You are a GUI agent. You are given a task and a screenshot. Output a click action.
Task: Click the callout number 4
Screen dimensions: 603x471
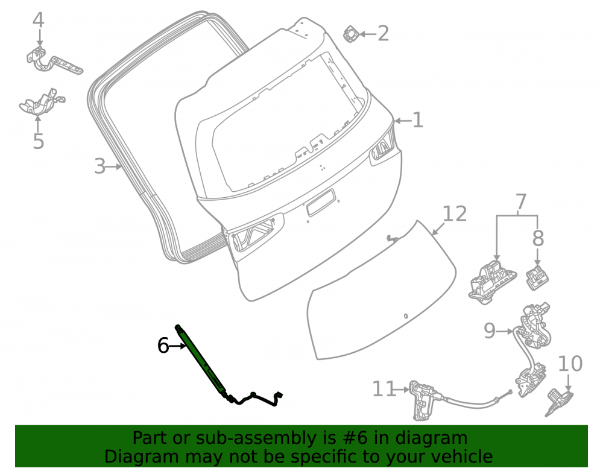pos(39,21)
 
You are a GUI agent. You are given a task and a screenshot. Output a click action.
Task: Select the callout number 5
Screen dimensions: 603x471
pos(39,141)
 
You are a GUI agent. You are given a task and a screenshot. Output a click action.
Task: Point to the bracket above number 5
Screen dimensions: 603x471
pos(42,103)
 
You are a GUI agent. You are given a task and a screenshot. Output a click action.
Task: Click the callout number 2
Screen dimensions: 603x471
pos(383,33)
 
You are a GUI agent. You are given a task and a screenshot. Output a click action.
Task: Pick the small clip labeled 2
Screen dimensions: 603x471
pos(351,34)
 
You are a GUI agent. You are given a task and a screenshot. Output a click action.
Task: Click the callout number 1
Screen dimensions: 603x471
pos(418,121)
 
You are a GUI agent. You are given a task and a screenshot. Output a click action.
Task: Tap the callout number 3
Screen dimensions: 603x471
pos(99,166)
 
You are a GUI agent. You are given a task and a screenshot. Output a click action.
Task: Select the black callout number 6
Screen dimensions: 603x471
pos(163,346)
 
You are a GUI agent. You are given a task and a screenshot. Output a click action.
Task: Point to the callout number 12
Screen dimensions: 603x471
pos(455,213)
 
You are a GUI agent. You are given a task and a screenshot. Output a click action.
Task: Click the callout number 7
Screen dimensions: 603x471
pos(520,201)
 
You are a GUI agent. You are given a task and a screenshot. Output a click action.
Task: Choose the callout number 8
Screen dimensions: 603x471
pos(538,238)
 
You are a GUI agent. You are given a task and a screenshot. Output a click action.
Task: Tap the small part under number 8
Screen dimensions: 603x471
pos(537,277)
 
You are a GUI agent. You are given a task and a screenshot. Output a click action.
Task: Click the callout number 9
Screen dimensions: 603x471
pos(490,330)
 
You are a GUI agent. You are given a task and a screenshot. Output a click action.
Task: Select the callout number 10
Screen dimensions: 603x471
pos(570,364)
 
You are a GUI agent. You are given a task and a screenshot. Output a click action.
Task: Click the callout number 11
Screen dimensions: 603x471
pos(384,389)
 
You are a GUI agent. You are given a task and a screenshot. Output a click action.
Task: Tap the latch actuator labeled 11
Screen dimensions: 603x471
pos(424,400)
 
